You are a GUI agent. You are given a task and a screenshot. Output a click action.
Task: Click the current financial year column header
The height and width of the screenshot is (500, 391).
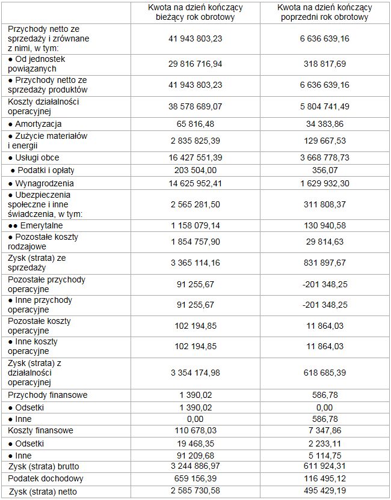195,12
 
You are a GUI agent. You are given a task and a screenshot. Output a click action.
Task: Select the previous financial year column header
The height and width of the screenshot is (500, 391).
324,12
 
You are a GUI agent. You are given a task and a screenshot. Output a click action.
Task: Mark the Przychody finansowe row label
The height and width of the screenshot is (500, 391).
48,395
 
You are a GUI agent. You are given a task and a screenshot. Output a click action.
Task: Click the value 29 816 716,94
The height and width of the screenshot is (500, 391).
195,64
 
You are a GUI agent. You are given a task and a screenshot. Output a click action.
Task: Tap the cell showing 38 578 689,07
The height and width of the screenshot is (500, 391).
195,106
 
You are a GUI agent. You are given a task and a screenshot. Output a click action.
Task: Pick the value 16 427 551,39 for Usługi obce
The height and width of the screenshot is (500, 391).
195,157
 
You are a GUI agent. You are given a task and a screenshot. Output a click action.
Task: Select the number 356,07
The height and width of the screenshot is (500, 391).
324,170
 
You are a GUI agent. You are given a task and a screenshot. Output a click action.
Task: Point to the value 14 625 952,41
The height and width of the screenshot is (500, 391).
195,183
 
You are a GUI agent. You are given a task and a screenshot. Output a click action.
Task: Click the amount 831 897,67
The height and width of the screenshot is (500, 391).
324,263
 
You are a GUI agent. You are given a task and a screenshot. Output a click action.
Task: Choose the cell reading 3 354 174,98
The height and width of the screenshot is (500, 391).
195,373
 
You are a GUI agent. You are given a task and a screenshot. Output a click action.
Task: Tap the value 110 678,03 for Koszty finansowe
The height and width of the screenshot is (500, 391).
195,430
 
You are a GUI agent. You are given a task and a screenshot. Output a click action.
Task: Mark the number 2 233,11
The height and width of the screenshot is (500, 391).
324,443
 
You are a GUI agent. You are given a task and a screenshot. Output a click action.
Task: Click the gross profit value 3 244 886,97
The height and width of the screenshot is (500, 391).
195,466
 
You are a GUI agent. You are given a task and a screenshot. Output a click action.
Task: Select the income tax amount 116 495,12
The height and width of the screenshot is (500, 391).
324,478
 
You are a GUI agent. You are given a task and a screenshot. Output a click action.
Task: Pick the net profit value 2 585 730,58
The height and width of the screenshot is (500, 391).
195,492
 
